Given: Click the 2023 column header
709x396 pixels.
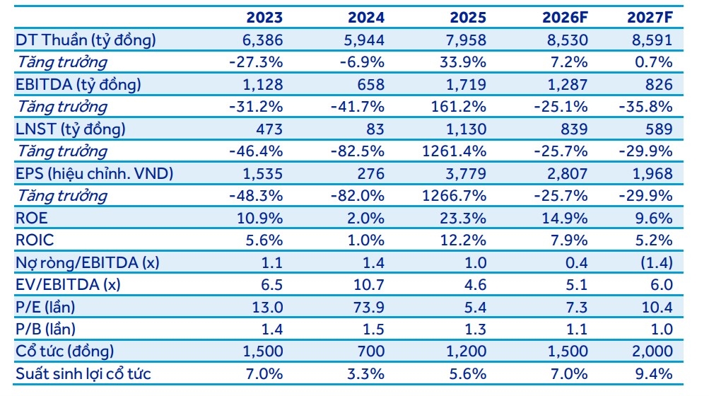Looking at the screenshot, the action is coord(264,18).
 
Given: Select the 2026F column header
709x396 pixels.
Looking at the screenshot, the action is coord(566,18).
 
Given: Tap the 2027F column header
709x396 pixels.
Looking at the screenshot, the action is coord(650,18).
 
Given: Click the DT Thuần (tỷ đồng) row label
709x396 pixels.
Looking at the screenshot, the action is coord(86,40).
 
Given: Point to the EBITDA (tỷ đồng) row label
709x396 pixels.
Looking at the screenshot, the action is coord(78,85).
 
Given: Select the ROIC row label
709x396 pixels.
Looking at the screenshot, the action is coord(35,240).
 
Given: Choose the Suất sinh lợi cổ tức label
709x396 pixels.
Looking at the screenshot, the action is coord(83,374).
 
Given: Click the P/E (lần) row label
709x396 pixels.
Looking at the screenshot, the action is coord(45,308).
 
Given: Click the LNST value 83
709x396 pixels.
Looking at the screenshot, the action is coord(375,129).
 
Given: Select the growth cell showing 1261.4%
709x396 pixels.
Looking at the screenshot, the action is coord(454,151).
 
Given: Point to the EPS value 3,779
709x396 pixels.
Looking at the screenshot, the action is coord(465,174).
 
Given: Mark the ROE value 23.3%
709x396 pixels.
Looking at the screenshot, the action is coord(463,218).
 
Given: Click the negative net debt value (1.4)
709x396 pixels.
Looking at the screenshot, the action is coord(657,262).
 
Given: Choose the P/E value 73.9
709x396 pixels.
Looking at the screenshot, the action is coord(369,308).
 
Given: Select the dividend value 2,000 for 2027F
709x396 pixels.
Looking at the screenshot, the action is coord(652,351).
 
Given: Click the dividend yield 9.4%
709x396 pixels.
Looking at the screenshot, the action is coord(654,374).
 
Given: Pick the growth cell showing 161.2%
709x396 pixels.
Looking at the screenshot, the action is coord(458,107).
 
